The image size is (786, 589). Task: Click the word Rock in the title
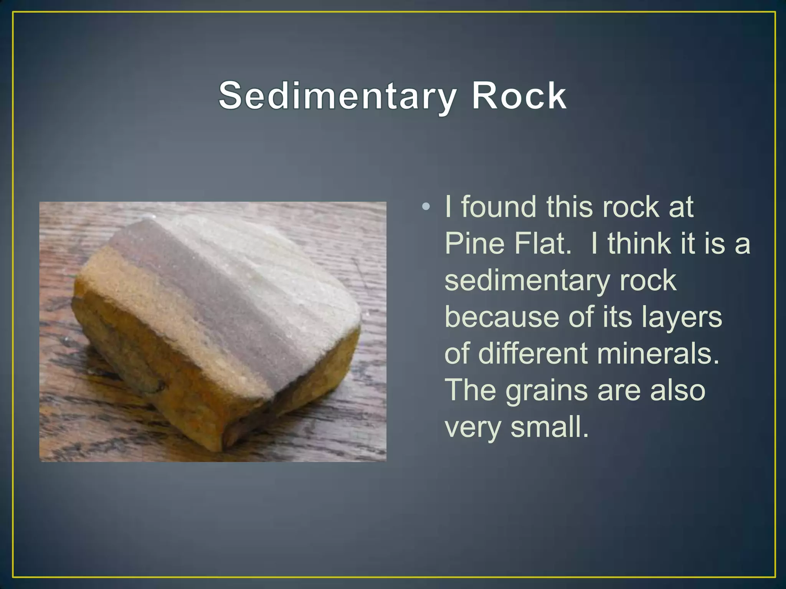tap(519, 96)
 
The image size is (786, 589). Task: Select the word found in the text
tap(498, 207)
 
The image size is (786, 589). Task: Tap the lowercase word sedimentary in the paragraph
tap(527, 281)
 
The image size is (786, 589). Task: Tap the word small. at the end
tap(550, 427)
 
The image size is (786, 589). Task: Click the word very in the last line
tap(472, 428)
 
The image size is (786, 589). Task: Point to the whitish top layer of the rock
tap(269, 268)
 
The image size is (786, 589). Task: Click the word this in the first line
tap(570, 207)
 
